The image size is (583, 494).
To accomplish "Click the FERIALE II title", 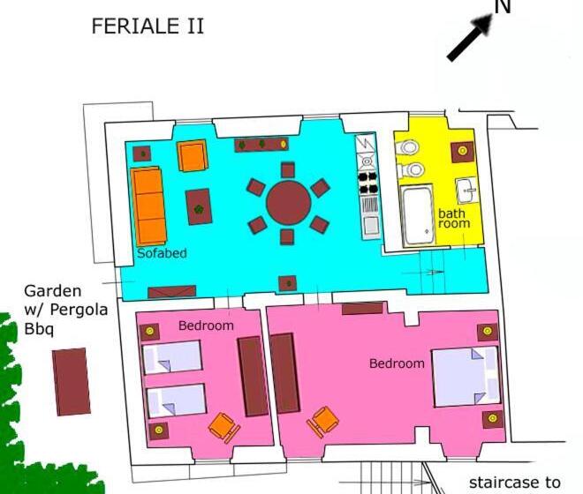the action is [x=148, y=26].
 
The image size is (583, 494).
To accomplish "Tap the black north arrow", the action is [x=470, y=37].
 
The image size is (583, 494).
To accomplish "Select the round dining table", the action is [x=289, y=203].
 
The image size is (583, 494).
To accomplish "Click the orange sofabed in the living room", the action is [x=148, y=206].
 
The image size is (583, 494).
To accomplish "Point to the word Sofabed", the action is [x=162, y=253].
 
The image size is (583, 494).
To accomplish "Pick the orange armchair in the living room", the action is [x=193, y=155].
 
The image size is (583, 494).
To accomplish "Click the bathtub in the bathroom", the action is [x=418, y=216].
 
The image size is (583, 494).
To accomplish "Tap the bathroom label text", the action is [x=454, y=219].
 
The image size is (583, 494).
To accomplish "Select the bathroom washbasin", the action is [x=466, y=191].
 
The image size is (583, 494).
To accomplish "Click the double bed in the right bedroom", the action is [x=466, y=377].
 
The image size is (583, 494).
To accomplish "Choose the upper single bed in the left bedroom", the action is [x=172, y=357].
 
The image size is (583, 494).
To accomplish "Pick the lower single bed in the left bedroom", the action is [x=177, y=400].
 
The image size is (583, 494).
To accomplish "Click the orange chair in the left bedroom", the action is [x=223, y=427].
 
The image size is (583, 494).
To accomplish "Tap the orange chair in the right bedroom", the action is [x=322, y=421].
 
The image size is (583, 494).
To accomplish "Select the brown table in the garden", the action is [x=72, y=381].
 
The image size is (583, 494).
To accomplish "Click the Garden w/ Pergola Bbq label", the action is [x=66, y=311].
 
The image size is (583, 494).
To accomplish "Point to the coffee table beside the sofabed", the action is [x=199, y=207].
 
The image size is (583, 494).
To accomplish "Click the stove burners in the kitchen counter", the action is [x=368, y=183].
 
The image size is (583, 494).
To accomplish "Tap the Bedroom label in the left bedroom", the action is [x=206, y=326].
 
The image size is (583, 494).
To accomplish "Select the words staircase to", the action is [x=515, y=483].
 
